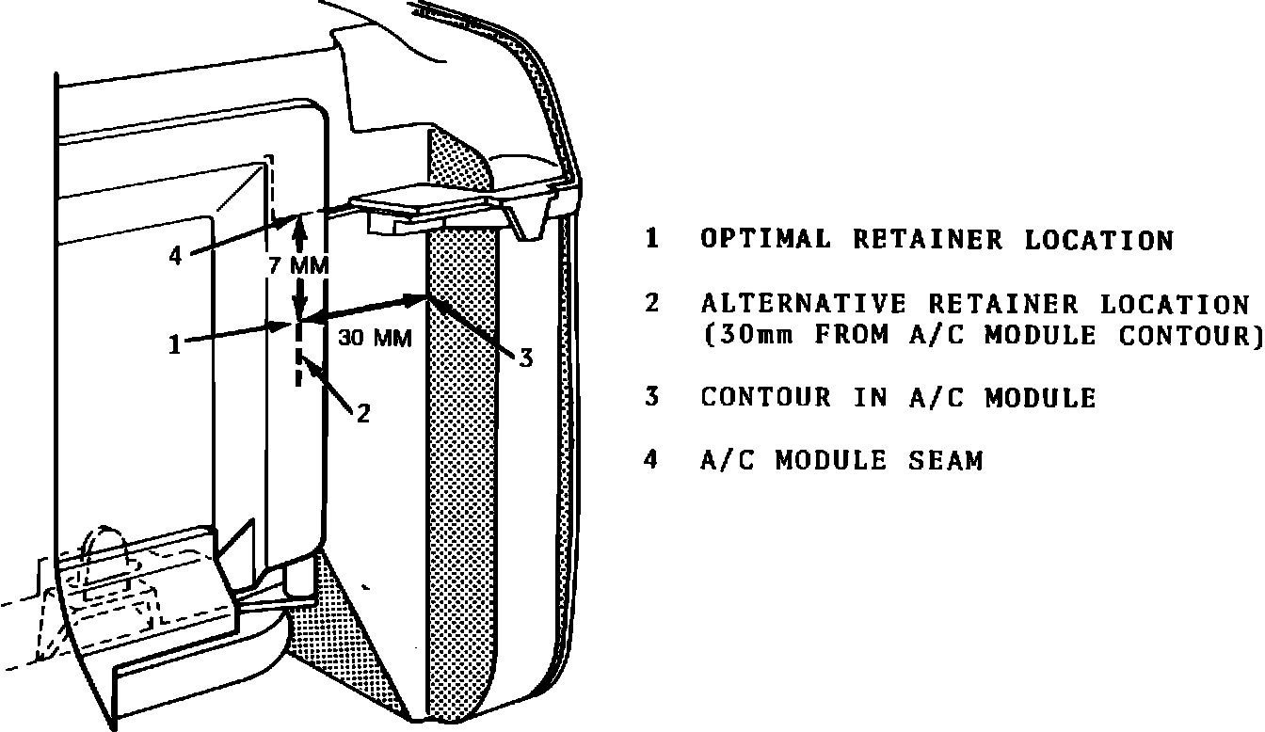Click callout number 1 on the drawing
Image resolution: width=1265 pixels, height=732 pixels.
pos(173,346)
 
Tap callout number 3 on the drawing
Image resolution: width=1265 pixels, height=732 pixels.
pos(526,358)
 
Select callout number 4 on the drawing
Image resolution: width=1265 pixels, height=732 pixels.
pos(175,256)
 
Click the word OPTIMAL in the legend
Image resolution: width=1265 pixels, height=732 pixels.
pos(766,240)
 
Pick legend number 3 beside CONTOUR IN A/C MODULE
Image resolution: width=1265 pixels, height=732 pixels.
pos(651,397)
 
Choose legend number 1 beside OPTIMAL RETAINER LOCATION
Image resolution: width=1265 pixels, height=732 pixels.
pos(651,239)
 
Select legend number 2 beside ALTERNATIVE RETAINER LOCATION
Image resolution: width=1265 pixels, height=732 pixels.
pos(651,303)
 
